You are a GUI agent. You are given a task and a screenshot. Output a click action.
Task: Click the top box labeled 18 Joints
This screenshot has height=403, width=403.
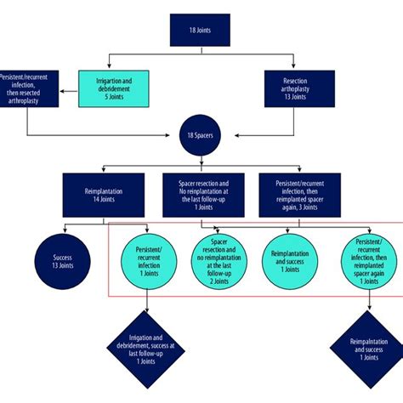tap(201, 33)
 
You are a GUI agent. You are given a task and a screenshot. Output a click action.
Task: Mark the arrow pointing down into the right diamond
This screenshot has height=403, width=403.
tap(367, 311)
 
